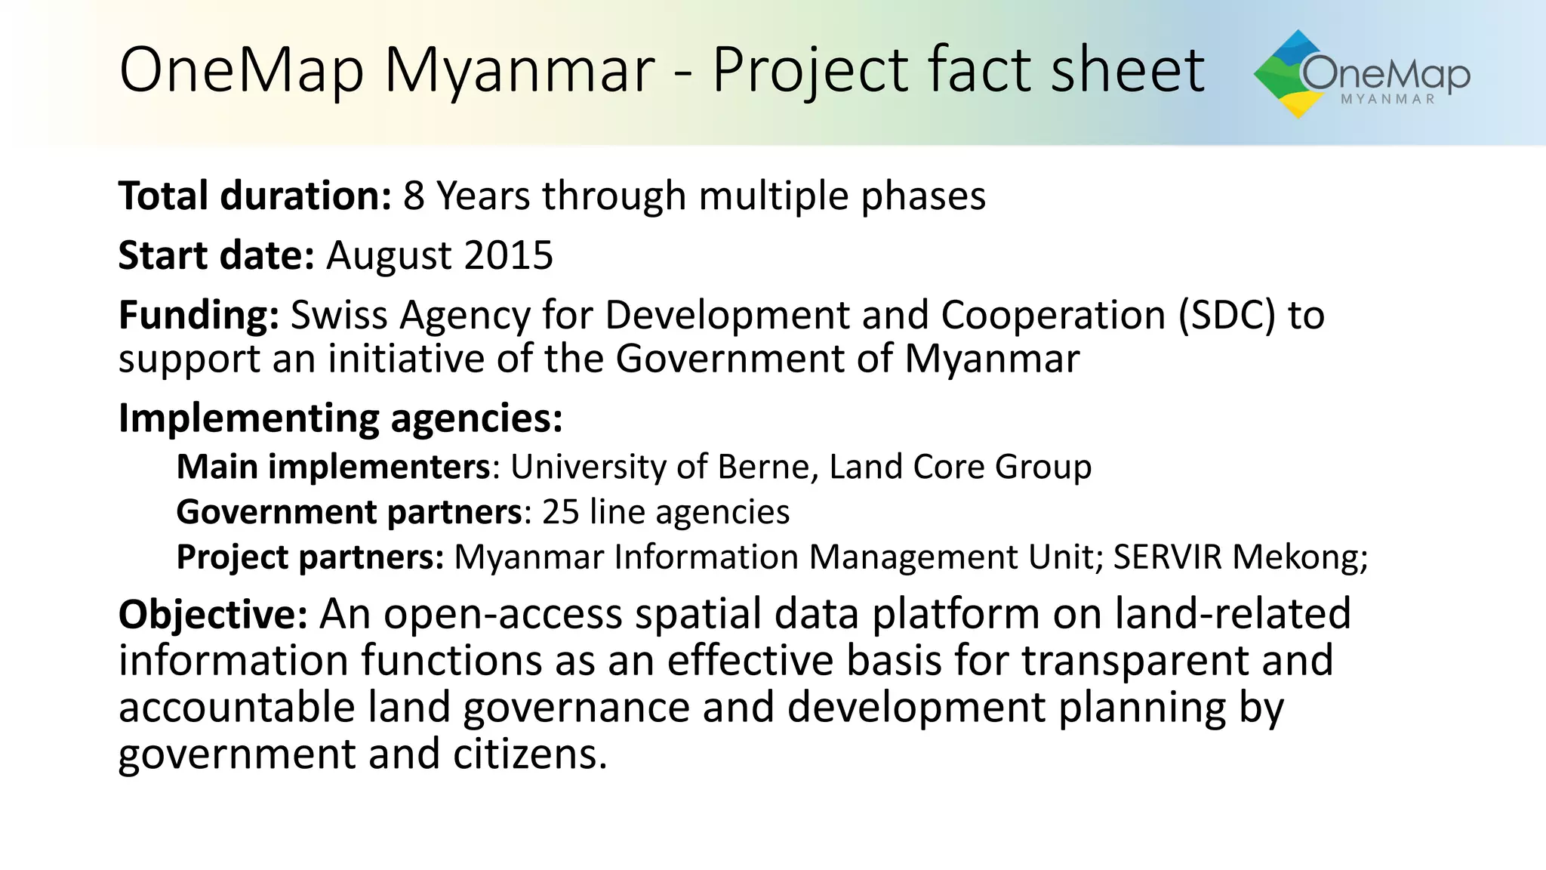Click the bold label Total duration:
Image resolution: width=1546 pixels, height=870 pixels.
254,196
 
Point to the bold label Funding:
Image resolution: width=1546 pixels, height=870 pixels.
199,316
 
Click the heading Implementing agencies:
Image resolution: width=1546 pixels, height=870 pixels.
340,418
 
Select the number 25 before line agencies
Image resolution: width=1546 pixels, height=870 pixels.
560,512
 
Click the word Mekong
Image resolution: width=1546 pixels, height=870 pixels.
1300,558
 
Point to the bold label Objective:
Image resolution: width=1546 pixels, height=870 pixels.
213,614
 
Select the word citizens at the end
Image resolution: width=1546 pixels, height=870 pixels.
529,754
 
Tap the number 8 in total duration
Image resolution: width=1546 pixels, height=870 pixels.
414,196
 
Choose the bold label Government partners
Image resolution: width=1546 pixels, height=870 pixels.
349,512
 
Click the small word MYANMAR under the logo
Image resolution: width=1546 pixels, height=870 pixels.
1387,100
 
